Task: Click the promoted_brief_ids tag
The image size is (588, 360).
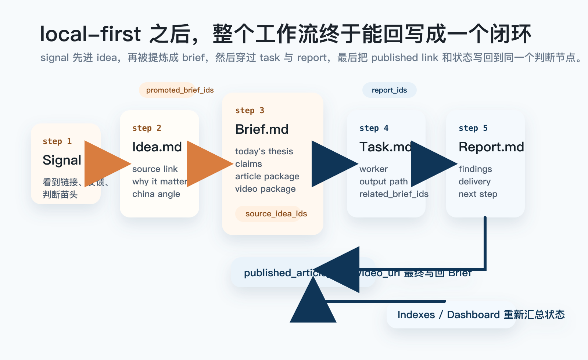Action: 179,90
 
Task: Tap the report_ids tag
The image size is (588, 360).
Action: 389,90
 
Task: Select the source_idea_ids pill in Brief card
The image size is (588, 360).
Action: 276,214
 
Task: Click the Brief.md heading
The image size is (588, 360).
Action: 262,129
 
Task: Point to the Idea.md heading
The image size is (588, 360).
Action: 157,147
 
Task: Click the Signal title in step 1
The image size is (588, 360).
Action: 62,160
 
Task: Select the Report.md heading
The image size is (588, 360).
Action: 491,147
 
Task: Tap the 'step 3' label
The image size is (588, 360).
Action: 250,111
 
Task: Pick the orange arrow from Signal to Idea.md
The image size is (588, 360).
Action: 105,164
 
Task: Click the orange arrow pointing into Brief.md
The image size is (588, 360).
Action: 207,164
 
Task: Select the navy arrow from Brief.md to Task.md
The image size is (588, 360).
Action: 332,164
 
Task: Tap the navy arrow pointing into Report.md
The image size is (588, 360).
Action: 431,164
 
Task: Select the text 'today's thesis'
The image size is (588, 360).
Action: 264,151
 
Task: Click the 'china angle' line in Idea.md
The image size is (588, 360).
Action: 156,194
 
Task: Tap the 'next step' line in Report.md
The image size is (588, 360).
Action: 478,194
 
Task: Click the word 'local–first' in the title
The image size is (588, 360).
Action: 90,34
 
